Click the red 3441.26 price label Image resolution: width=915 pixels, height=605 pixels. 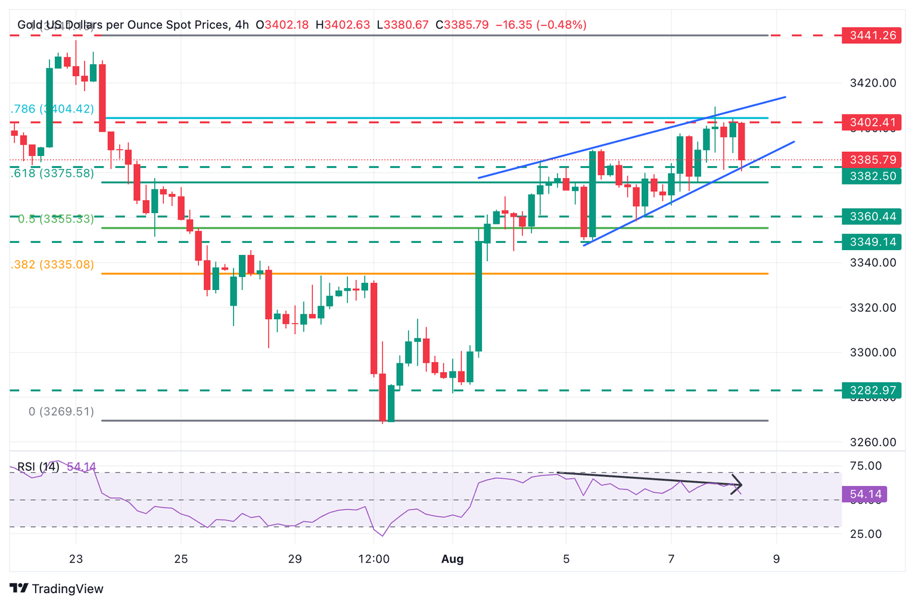click(x=873, y=35)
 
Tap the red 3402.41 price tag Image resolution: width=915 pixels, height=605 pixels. click(x=873, y=123)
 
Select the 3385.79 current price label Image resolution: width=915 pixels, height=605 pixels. click(x=873, y=160)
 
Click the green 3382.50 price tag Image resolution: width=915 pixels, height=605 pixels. click(x=873, y=176)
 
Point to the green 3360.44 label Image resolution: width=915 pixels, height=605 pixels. click(x=873, y=216)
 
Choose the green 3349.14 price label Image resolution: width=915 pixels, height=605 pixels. click(x=873, y=242)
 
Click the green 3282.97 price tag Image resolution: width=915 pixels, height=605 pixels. click(x=873, y=391)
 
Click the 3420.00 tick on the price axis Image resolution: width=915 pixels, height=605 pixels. click(x=873, y=83)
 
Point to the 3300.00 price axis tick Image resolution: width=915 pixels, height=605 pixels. click(x=873, y=353)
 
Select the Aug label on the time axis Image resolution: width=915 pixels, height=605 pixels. click(x=452, y=559)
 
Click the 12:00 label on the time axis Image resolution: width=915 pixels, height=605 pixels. click(x=374, y=559)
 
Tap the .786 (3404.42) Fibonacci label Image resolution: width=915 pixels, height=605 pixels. click(x=52, y=109)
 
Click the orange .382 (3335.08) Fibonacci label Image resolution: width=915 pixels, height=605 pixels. click(x=52, y=264)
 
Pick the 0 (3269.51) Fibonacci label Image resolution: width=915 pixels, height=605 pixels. click(x=61, y=411)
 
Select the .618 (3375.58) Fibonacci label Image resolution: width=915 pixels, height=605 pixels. click(x=52, y=173)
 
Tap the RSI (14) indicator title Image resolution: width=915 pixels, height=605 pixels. click(x=38, y=467)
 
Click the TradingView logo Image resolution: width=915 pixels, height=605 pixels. click(x=57, y=589)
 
